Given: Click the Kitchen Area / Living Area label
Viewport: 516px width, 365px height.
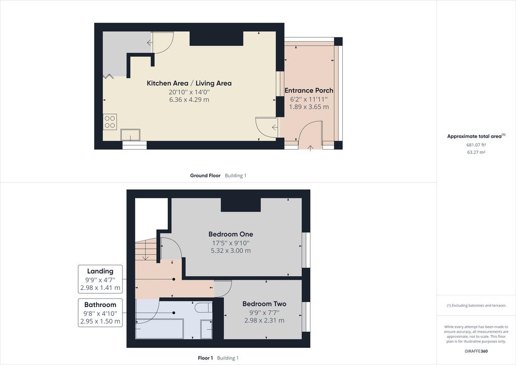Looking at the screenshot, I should (189, 83).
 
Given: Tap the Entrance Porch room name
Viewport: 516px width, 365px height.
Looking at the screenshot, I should (309, 90).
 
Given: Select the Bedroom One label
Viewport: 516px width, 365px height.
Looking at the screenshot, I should (231, 234).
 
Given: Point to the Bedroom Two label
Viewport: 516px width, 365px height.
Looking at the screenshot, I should (264, 303).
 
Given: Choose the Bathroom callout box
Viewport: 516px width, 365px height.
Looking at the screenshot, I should (100, 313).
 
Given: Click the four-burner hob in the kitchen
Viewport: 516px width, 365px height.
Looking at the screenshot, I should (110, 122).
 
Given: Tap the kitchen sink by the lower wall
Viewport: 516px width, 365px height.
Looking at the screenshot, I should (131, 135).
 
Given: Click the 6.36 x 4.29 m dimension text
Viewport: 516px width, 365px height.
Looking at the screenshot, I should (189, 100).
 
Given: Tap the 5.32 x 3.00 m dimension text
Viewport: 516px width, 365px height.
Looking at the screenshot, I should (231, 251).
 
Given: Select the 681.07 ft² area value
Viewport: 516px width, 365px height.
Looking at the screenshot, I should (476, 145).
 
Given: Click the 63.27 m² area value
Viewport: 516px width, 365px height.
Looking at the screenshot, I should (476, 152).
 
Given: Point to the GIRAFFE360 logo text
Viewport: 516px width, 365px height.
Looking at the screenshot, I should (476, 351).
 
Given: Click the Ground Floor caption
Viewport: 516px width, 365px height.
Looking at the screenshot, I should (205, 175).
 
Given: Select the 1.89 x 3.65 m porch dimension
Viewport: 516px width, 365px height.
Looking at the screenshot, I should (309, 107).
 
